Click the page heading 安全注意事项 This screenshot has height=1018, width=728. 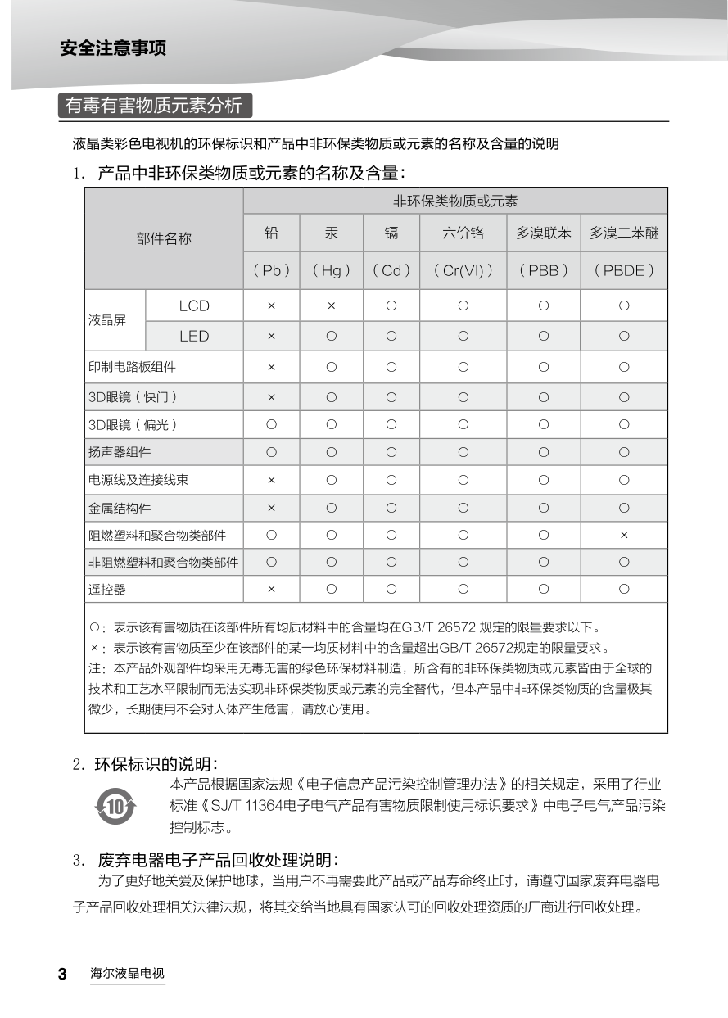point(113,48)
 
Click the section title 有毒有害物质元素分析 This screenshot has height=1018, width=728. point(154,106)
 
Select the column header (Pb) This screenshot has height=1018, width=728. point(271,270)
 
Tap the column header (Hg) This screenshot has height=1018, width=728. point(331,270)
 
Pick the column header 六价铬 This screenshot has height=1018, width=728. point(463,233)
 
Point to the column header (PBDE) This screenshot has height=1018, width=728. point(624,270)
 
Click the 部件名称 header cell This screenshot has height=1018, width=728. point(164,238)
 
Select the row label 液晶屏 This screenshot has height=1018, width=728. point(107,320)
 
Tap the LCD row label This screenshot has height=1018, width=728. point(194,305)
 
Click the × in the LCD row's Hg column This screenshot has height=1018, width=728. point(331,305)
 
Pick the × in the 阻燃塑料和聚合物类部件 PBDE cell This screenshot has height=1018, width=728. point(624,535)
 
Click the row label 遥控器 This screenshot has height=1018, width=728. point(107,589)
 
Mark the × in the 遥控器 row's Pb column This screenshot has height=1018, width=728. point(271,589)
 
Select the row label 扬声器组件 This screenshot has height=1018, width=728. point(120,452)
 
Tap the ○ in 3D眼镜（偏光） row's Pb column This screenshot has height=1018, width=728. point(271,424)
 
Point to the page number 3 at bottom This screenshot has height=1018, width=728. point(62,975)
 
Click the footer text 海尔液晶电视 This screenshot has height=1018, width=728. point(127,975)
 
